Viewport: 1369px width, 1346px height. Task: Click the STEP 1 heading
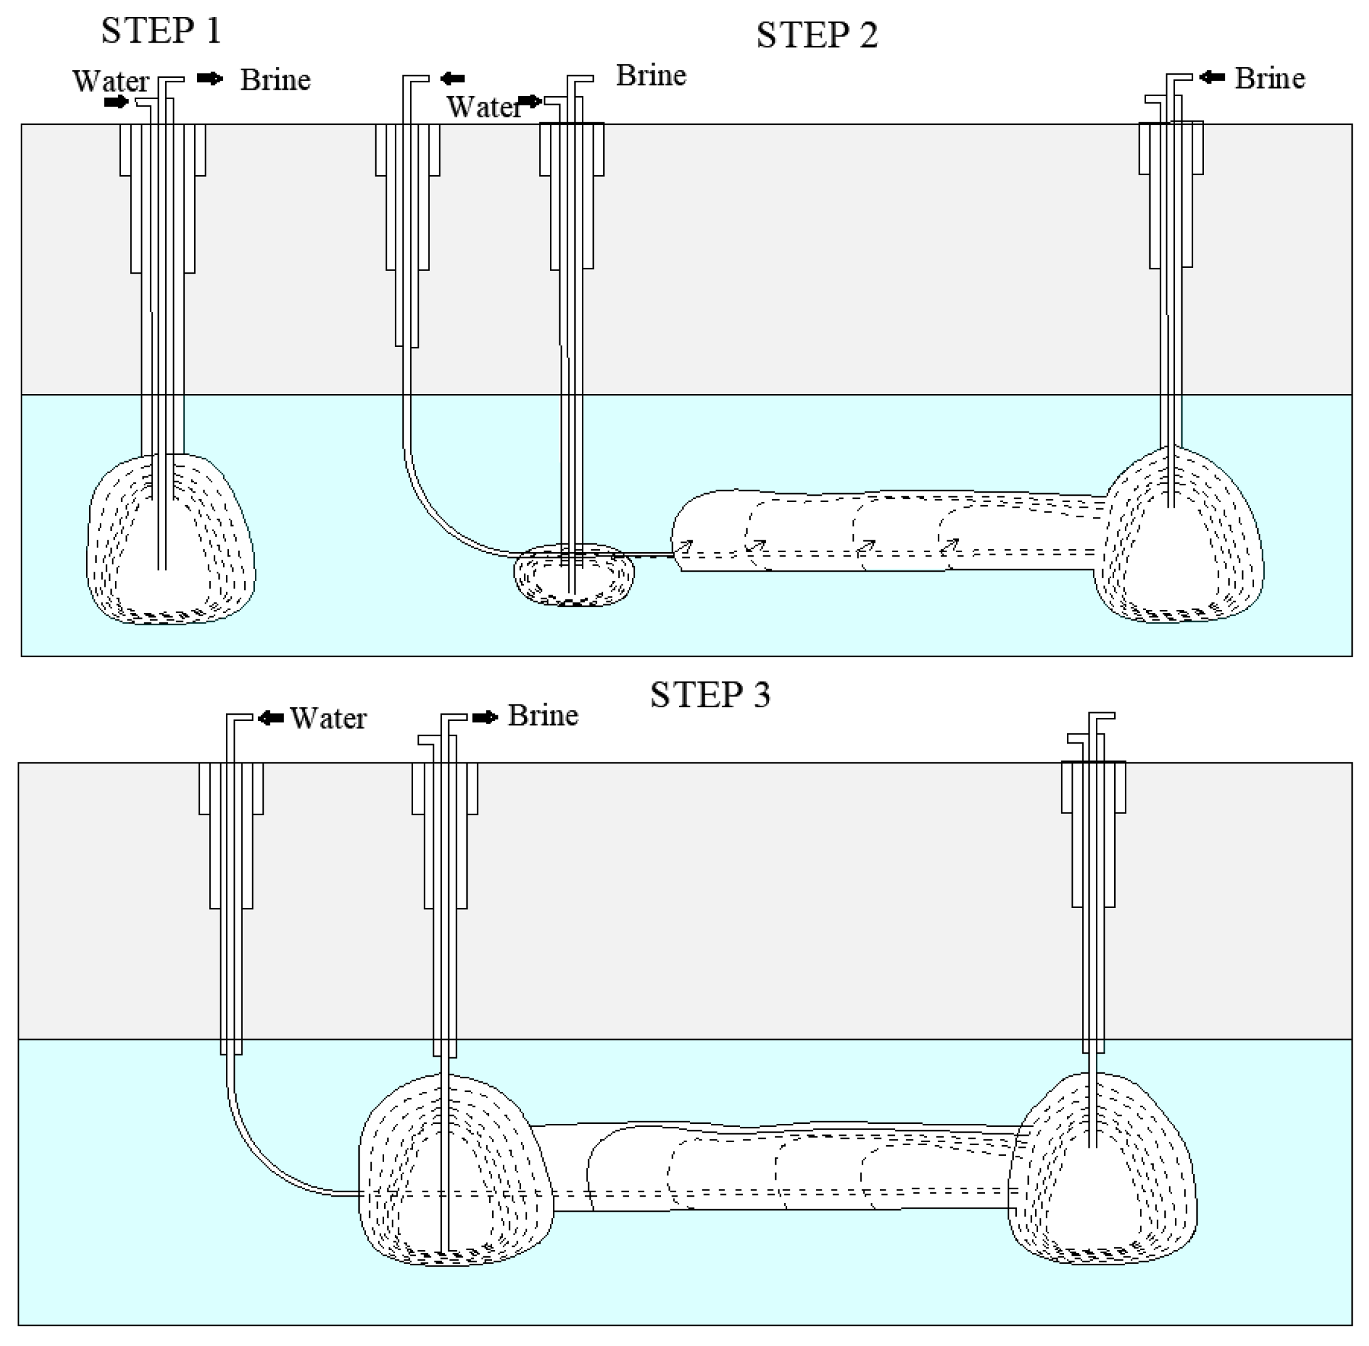[x=161, y=30]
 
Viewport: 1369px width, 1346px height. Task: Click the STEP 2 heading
[x=817, y=35]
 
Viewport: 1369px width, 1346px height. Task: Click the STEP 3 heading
[x=710, y=695]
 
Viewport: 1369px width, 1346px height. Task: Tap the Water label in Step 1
[x=110, y=82]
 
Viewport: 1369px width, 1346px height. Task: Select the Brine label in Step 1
[x=275, y=80]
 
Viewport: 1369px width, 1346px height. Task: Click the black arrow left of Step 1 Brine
[x=209, y=78]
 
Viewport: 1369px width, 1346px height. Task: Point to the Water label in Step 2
[x=484, y=107]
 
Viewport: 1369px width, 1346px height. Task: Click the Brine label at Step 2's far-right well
[x=1269, y=78]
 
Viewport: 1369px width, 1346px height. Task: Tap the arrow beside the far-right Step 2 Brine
[x=1212, y=77]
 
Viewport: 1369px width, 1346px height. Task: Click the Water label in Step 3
[x=328, y=718]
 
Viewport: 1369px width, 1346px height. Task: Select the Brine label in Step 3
[x=542, y=715]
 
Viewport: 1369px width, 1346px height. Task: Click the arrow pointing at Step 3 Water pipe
[x=271, y=718]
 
